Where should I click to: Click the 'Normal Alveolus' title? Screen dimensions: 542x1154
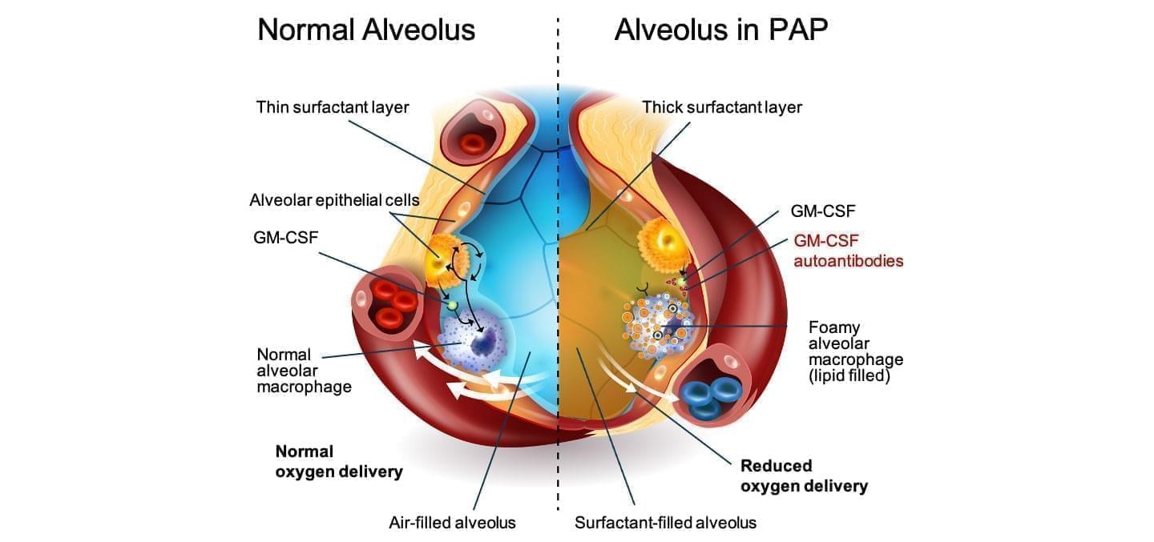click(366, 30)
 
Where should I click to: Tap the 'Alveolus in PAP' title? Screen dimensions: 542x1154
click(720, 30)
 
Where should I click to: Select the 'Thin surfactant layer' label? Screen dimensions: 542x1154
click(333, 107)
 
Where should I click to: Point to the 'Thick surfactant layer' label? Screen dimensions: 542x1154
click(721, 107)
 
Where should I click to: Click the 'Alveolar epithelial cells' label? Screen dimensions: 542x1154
click(334, 200)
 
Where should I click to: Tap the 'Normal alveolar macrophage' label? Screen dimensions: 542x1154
click(304, 370)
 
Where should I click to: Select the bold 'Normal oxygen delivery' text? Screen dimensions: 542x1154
click(338, 462)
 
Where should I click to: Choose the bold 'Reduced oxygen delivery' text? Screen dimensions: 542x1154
click(804, 476)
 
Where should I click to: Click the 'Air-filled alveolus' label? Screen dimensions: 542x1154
click(452, 523)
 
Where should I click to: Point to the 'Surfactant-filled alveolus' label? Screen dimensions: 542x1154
click(665, 523)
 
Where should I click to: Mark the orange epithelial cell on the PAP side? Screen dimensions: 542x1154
click(660, 239)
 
